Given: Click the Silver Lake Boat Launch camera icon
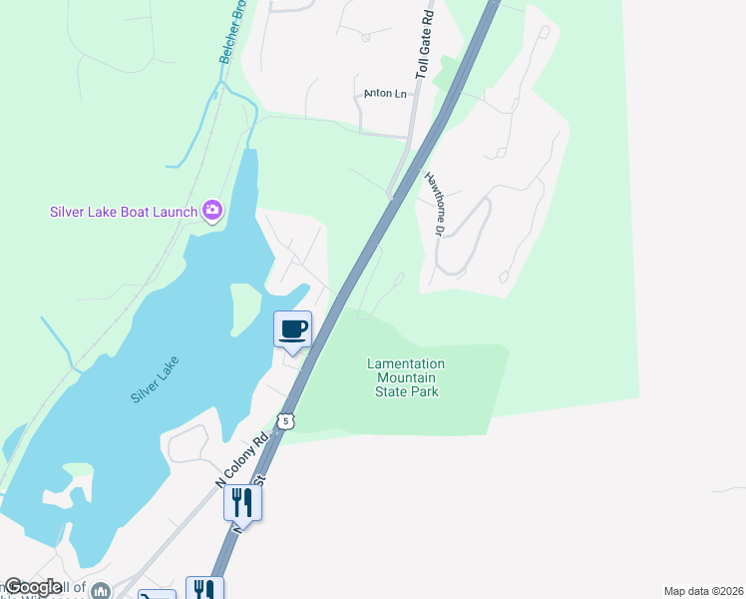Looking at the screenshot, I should [211, 210].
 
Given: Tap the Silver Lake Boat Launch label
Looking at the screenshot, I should [124, 211].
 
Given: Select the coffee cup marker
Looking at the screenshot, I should [293, 329].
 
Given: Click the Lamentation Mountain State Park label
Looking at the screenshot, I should [406, 378].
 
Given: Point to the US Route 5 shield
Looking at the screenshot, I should [286, 421].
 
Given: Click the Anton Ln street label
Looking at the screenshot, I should [386, 94].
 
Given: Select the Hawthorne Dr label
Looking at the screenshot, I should [435, 204].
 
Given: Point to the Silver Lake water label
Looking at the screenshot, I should [159, 379].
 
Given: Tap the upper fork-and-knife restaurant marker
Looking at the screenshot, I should [242, 501].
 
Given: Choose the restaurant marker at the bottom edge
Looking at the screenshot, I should [203, 589].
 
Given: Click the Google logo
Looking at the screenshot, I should [32, 588].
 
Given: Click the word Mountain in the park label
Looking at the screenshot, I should [406, 378].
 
